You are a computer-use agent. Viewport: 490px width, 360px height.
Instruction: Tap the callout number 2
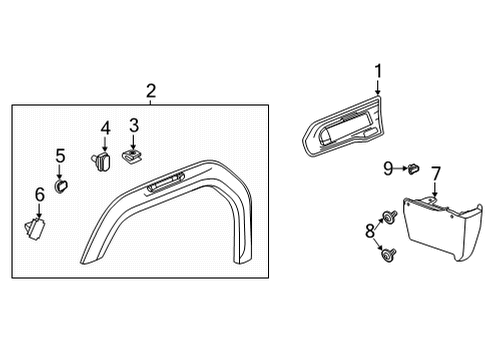tap(150, 92)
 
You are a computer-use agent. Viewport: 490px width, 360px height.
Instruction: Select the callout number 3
tap(133, 125)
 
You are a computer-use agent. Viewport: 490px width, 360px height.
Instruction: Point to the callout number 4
tap(105, 128)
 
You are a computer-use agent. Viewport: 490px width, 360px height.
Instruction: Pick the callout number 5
tap(60, 156)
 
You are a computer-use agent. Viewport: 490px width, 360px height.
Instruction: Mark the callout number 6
tap(40, 194)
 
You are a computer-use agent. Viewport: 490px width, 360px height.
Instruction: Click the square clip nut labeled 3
tap(130, 155)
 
